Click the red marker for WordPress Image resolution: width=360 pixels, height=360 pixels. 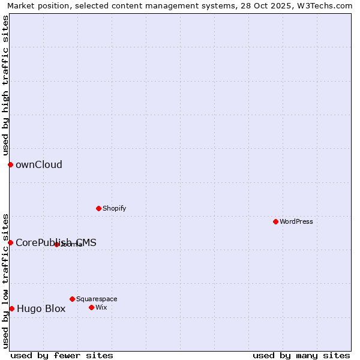(275, 221)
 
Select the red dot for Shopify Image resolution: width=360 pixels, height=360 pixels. (98, 208)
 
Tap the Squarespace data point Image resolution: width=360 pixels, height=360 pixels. (72, 299)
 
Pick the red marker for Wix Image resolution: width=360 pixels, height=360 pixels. (91, 307)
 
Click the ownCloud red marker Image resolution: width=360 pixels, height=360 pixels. (10, 164)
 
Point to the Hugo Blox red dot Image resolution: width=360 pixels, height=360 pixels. (11, 308)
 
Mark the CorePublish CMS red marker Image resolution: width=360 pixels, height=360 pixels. (10, 242)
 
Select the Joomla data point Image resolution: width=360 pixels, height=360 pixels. (56, 244)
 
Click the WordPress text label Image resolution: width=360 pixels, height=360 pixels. (296, 221)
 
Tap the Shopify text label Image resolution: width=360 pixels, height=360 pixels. (114, 208)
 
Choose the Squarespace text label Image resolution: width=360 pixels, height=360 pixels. (97, 299)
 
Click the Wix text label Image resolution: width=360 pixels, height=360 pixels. (101, 307)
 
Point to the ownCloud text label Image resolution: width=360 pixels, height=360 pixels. (39, 165)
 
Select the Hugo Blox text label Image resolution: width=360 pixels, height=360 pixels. (41, 309)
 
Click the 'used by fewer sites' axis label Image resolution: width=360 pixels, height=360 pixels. (62, 355)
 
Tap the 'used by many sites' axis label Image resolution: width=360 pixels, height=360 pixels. (301, 355)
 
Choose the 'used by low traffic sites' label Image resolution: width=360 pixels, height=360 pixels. (5, 281)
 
